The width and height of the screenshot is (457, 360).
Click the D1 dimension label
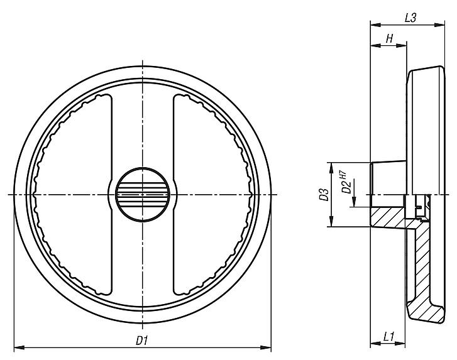pos(141,340)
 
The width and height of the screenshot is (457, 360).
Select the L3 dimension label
pos(410,18)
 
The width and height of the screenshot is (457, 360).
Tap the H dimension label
pos(389,39)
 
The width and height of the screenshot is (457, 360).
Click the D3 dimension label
pos(322,194)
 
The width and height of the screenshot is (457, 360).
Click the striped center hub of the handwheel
pos(143,194)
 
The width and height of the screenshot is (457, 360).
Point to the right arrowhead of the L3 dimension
pos(442,26)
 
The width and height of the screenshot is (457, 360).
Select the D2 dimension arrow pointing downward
pos(356,202)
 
